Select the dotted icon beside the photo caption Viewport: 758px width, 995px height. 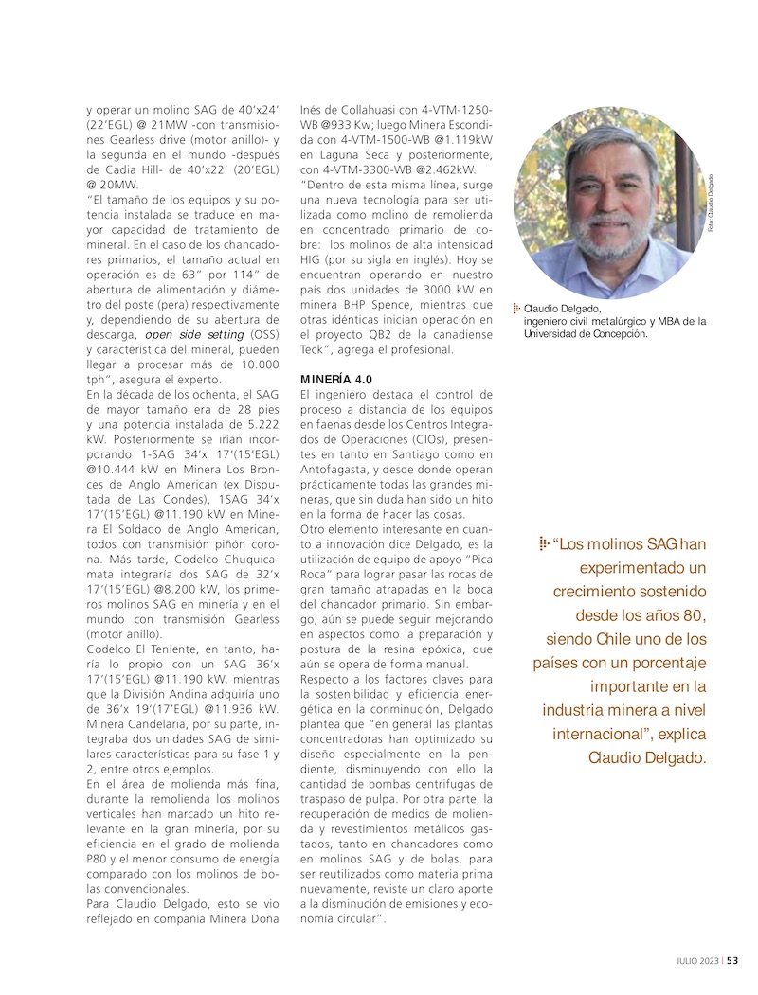click(x=517, y=308)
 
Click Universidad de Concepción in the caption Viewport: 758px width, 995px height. click(x=586, y=333)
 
